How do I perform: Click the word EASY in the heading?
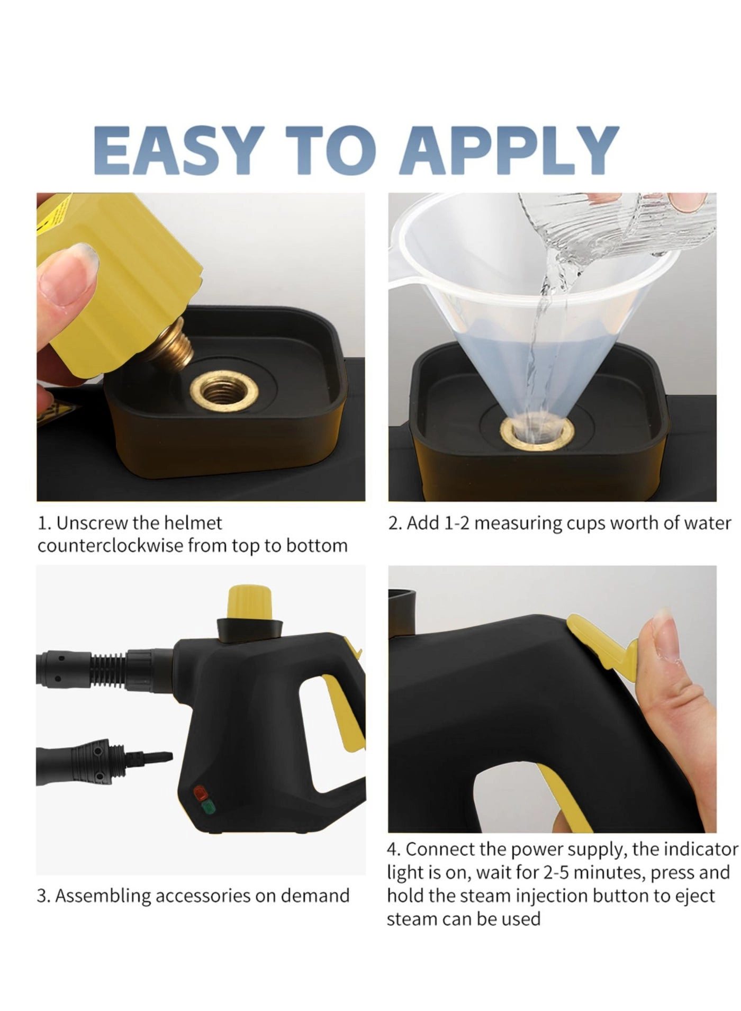pyautogui.click(x=179, y=150)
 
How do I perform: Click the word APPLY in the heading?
pyautogui.click(x=509, y=150)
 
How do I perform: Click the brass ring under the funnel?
pyautogui.click(x=538, y=434)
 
